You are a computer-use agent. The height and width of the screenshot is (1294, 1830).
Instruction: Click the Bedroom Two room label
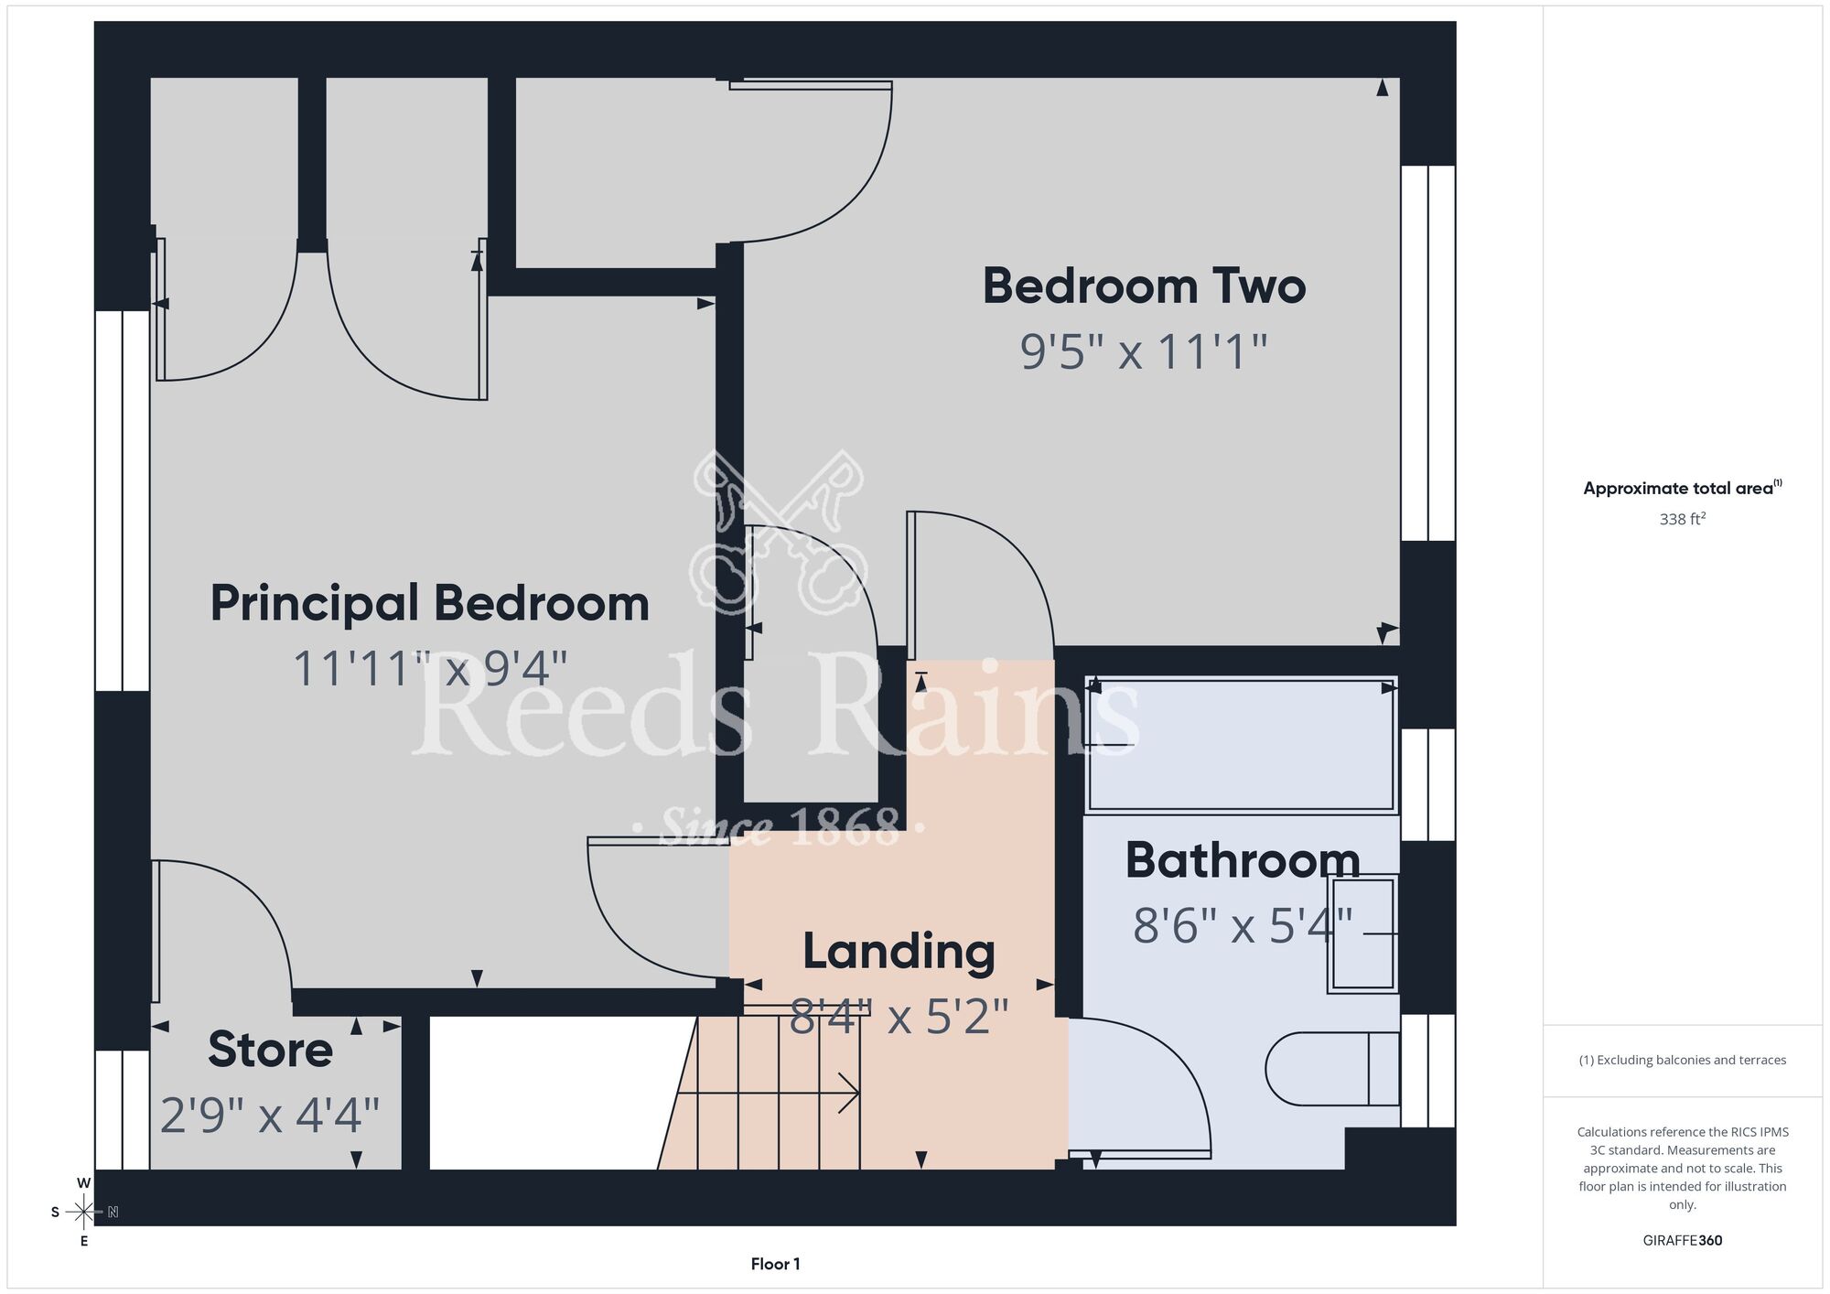click(1144, 286)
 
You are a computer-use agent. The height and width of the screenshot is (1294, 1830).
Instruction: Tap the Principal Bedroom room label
click(430, 604)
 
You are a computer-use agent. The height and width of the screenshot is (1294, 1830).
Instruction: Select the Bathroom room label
click(1243, 860)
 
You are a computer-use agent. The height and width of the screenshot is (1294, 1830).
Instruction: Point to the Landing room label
click(899, 952)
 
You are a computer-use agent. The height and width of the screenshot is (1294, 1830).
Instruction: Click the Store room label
click(270, 1049)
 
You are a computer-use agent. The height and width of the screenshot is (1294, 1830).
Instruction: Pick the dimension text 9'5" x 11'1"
click(1144, 351)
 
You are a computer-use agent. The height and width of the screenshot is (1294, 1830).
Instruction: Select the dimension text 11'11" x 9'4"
click(430, 668)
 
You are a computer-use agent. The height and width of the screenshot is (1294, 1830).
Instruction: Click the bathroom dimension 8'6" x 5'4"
click(1243, 925)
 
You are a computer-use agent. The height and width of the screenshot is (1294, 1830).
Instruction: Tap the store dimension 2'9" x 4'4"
click(270, 1115)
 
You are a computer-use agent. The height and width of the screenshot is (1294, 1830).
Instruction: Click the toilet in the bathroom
click(1332, 1069)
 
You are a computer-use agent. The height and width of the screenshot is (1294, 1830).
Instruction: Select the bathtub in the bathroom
click(1242, 745)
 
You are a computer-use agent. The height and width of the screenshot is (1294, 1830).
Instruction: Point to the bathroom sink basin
click(1362, 933)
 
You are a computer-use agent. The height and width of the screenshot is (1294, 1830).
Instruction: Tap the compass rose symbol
click(83, 1213)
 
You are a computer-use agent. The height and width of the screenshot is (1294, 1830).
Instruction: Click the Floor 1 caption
click(775, 1264)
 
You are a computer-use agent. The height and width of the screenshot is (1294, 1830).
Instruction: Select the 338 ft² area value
click(1683, 519)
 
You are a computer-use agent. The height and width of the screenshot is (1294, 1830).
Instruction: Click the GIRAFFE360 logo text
click(1683, 1241)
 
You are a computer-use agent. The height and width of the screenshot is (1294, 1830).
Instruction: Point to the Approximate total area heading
click(1683, 488)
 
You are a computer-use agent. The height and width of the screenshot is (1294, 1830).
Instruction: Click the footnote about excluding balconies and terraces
click(1683, 1060)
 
